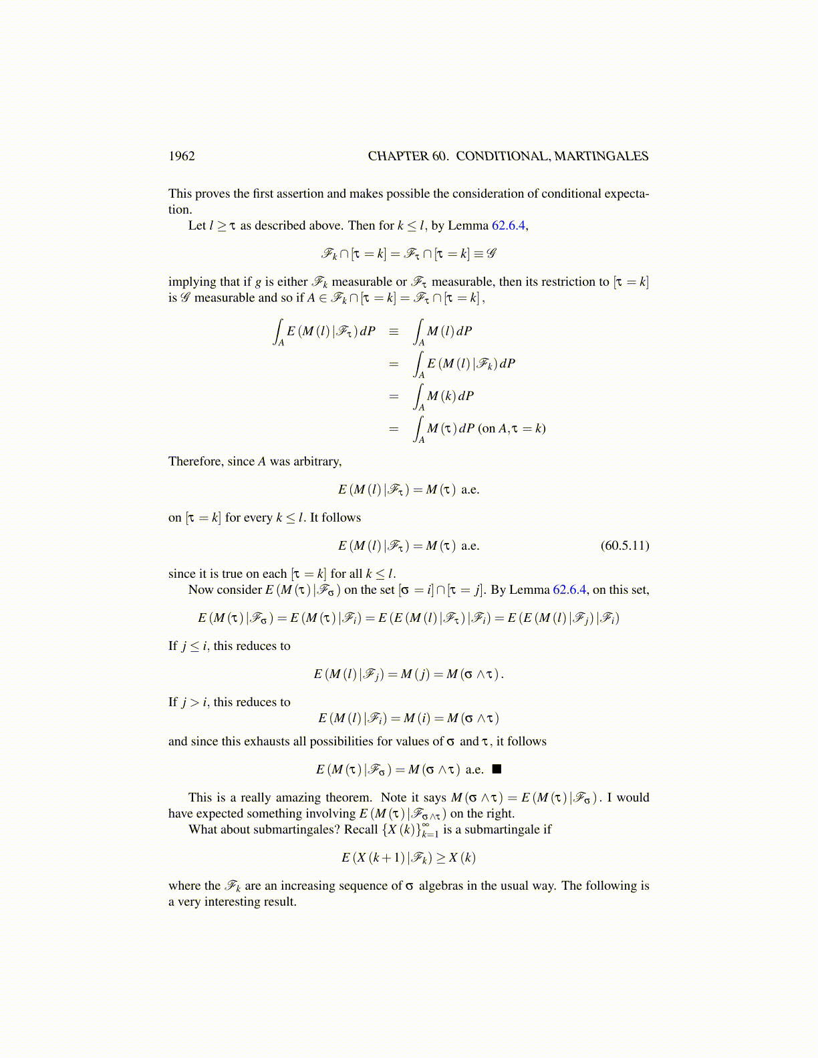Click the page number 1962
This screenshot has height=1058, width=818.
(181, 156)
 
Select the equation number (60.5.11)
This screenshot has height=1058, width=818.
(624, 546)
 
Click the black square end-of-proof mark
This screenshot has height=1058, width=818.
(497, 769)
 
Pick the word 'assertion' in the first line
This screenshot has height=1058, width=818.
(297, 194)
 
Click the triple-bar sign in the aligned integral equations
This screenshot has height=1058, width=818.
(394, 331)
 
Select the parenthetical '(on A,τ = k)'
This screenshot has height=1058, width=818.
(512, 429)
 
